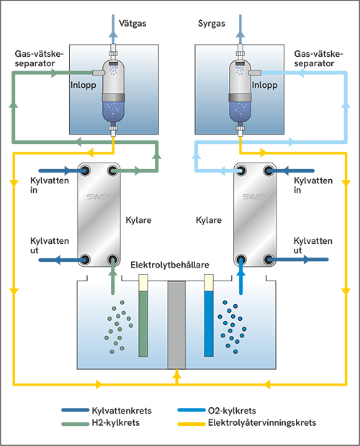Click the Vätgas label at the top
coord(132,23)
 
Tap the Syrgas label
coord(212,23)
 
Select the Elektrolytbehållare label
coord(170,265)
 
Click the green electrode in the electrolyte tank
coord(143,316)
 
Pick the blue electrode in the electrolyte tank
coord(209,316)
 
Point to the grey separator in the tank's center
coord(176,325)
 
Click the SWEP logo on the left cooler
coord(98,196)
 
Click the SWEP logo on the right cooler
coord(254,196)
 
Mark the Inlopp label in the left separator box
coord(83,85)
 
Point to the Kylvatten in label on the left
coord(50,185)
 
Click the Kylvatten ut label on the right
coord(313,245)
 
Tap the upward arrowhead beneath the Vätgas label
coord(113,34)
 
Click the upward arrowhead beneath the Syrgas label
coord(240,34)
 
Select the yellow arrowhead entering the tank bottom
coord(176,373)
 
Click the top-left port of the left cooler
coord(84,170)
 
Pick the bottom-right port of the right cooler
coord(269,260)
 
